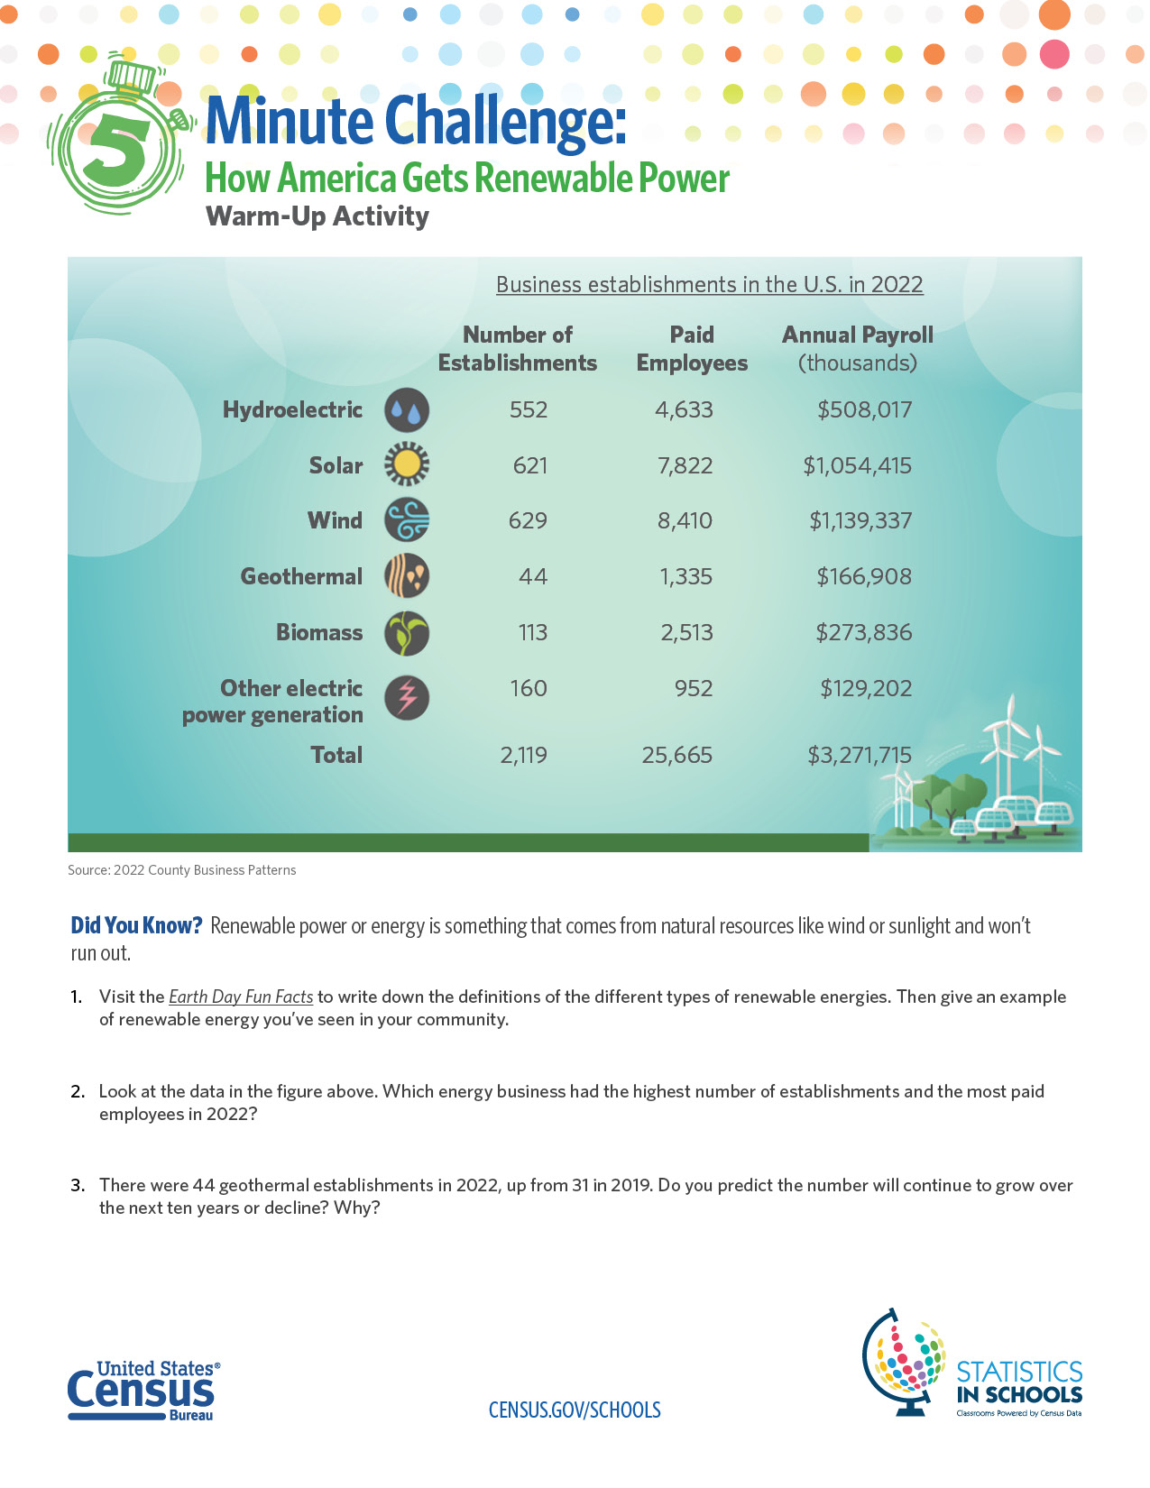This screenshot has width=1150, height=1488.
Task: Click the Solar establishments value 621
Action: click(x=529, y=465)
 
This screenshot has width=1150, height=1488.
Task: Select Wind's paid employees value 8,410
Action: click(x=685, y=520)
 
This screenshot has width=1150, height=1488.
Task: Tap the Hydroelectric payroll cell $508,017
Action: click(x=864, y=409)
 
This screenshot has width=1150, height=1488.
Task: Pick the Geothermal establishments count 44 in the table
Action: click(x=532, y=576)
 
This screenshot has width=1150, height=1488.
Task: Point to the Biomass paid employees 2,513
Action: click(x=686, y=632)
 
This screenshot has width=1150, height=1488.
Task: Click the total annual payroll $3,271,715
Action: click(x=859, y=755)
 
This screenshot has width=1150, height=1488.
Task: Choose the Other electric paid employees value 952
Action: click(x=694, y=688)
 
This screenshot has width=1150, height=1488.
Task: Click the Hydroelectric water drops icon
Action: click(x=407, y=410)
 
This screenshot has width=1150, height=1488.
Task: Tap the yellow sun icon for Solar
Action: click(x=407, y=464)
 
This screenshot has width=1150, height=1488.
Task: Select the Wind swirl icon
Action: click(x=407, y=520)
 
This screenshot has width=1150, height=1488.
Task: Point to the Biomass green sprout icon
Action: click(x=407, y=632)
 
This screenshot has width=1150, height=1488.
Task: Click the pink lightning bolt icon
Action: click(x=407, y=697)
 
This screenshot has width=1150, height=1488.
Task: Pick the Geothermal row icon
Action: click(x=407, y=576)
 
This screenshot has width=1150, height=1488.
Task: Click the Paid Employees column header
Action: click(x=692, y=349)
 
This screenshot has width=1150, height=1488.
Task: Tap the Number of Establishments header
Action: click(x=518, y=349)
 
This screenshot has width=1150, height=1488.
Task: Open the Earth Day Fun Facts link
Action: click(x=241, y=997)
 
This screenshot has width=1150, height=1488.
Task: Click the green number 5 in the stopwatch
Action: click(x=118, y=149)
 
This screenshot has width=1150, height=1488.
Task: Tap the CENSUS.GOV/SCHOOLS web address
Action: click(x=575, y=1410)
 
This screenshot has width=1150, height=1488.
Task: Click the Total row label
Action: click(x=336, y=755)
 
